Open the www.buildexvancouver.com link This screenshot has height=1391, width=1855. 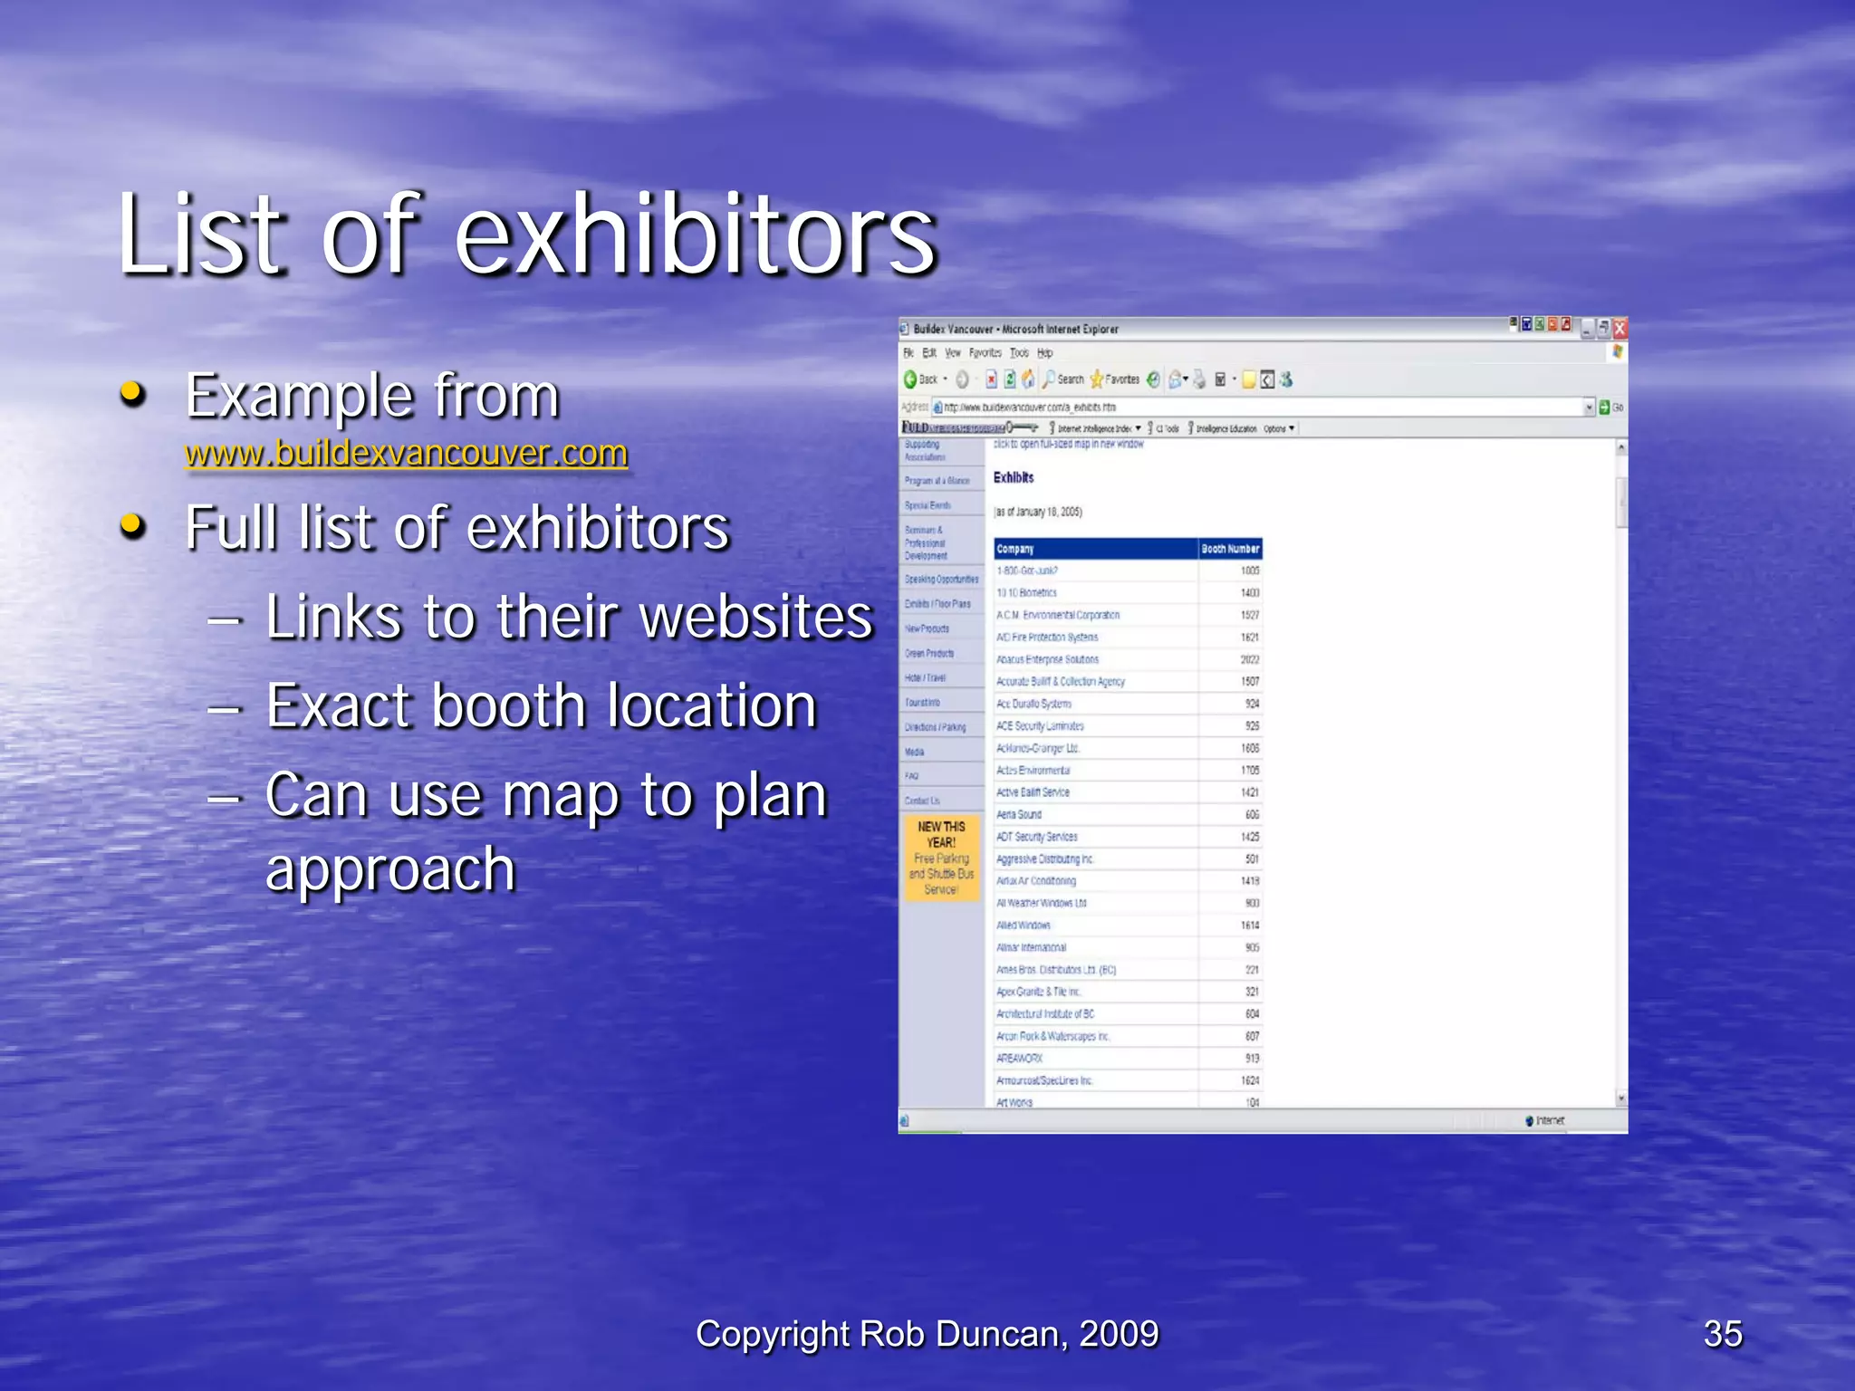[x=406, y=453]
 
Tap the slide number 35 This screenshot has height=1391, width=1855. [x=1722, y=1334]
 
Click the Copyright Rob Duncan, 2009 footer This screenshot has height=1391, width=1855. [x=927, y=1334]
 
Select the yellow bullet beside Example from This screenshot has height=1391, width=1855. [x=133, y=394]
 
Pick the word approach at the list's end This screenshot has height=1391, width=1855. [x=390, y=869]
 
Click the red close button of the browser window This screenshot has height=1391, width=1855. [x=1620, y=329]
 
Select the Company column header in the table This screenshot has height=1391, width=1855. [x=1015, y=549]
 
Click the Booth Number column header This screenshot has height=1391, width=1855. [x=1230, y=549]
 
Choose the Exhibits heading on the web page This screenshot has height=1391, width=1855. [x=1014, y=477]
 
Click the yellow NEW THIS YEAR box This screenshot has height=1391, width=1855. [x=941, y=858]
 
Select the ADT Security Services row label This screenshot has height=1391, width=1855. [x=1037, y=837]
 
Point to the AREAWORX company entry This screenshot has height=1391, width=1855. [x=1019, y=1058]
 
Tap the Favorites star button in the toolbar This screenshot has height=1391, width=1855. [x=1115, y=379]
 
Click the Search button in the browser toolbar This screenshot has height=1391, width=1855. [x=1062, y=379]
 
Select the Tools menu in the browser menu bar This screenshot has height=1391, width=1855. [x=1019, y=353]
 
